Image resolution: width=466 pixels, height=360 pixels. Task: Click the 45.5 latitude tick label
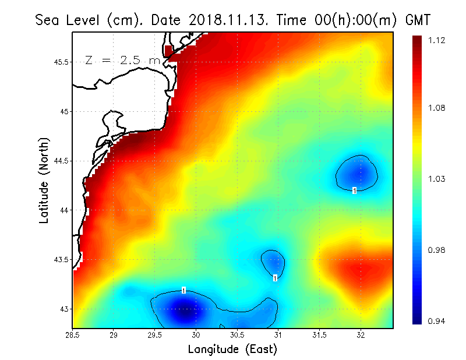59,62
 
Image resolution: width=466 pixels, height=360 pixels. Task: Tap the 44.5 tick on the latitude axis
59,161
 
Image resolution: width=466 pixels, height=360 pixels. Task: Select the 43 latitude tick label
63,309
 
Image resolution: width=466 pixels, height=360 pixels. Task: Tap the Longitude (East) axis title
232,349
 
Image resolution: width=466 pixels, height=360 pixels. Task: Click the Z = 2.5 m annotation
122,60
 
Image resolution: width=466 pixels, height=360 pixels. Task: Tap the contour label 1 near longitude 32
354,190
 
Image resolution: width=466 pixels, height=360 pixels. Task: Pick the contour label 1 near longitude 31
275,278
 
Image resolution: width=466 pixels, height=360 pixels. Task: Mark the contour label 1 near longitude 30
183,290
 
